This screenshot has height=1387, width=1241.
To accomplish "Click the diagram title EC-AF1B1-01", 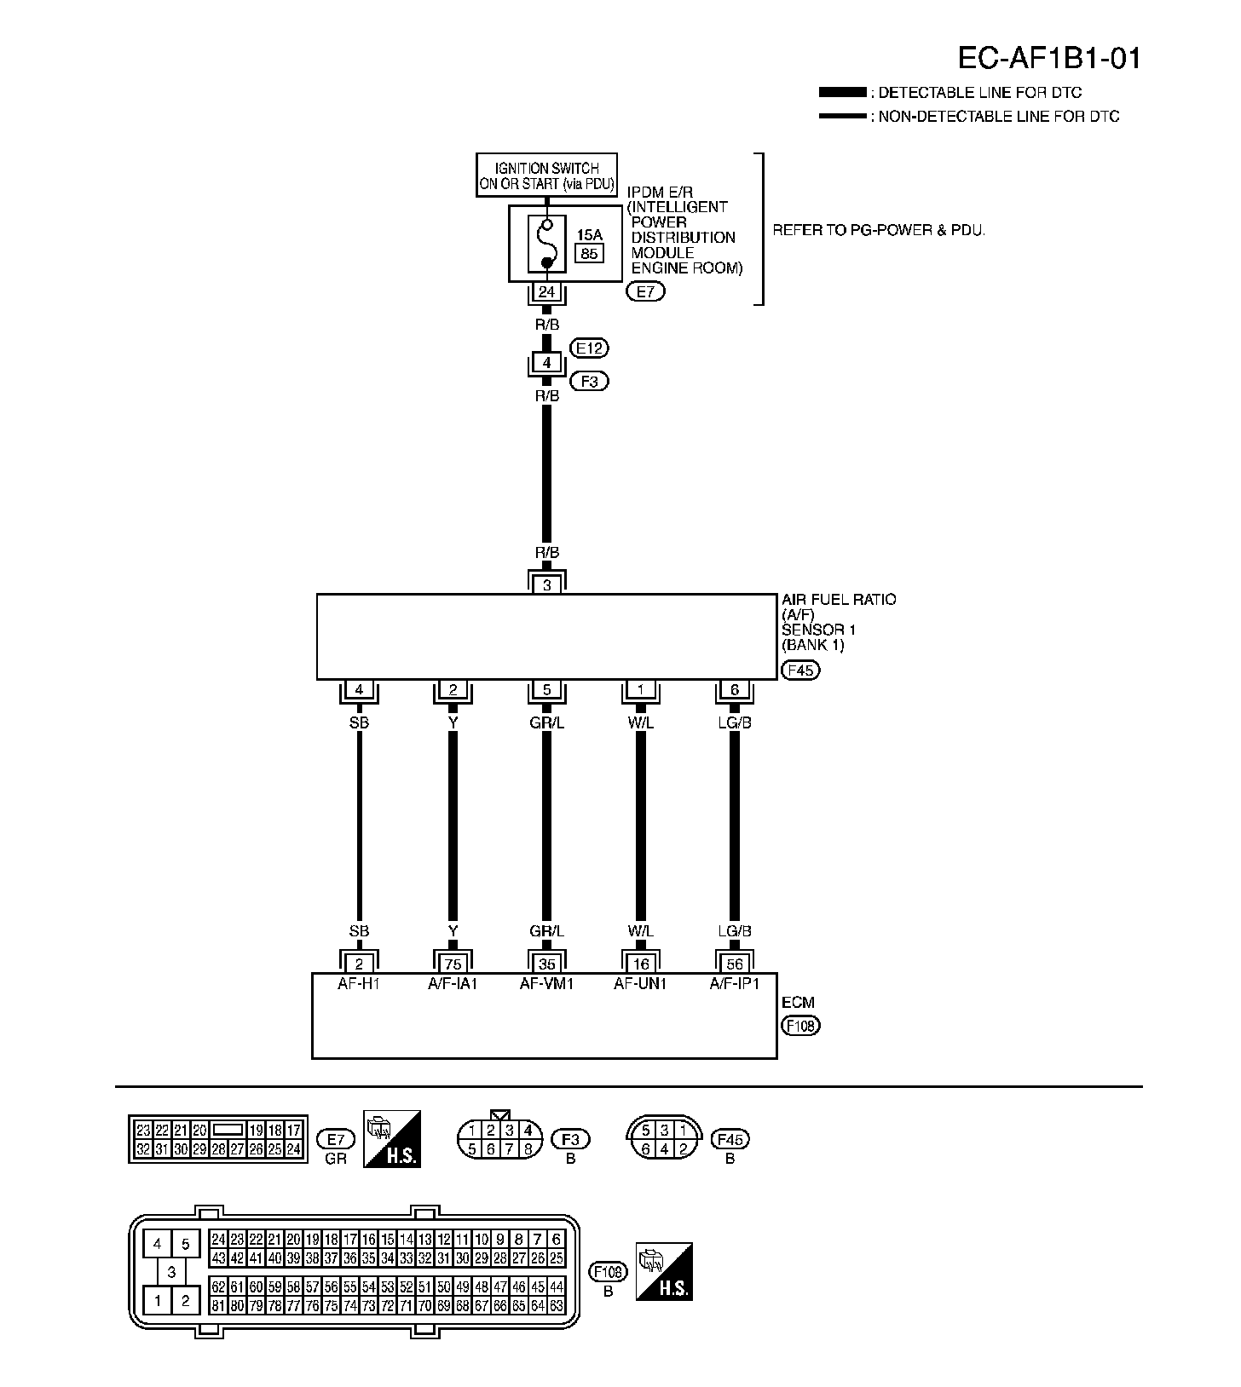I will tap(1048, 58).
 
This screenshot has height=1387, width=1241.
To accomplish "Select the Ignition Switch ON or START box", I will tap(546, 176).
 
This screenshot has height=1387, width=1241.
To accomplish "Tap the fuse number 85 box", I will tap(588, 253).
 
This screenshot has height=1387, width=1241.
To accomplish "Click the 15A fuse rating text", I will tap(589, 235).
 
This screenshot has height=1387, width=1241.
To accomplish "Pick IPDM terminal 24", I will tap(546, 292).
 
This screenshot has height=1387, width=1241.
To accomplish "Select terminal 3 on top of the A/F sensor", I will tap(546, 584).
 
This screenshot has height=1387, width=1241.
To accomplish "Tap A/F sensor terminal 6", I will tap(734, 689).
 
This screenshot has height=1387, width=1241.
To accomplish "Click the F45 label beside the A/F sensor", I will tap(800, 670).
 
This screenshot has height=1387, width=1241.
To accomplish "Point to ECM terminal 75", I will tap(453, 964).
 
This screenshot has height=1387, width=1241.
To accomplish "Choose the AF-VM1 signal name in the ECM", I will tap(546, 983).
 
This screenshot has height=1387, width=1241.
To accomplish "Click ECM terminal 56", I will tap(734, 964).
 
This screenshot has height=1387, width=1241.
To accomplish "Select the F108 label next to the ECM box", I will tap(800, 1026).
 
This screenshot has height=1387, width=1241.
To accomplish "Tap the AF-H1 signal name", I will tap(359, 983).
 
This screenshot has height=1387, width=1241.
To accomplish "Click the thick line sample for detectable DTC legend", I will tap(841, 92).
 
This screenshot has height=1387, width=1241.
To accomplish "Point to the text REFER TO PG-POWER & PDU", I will tap(878, 230).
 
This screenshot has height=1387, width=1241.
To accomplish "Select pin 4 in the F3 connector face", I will tap(528, 1131).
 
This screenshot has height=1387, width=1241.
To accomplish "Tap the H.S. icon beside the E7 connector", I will tap(392, 1138).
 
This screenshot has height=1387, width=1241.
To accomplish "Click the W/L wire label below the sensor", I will tap(640, 722).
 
